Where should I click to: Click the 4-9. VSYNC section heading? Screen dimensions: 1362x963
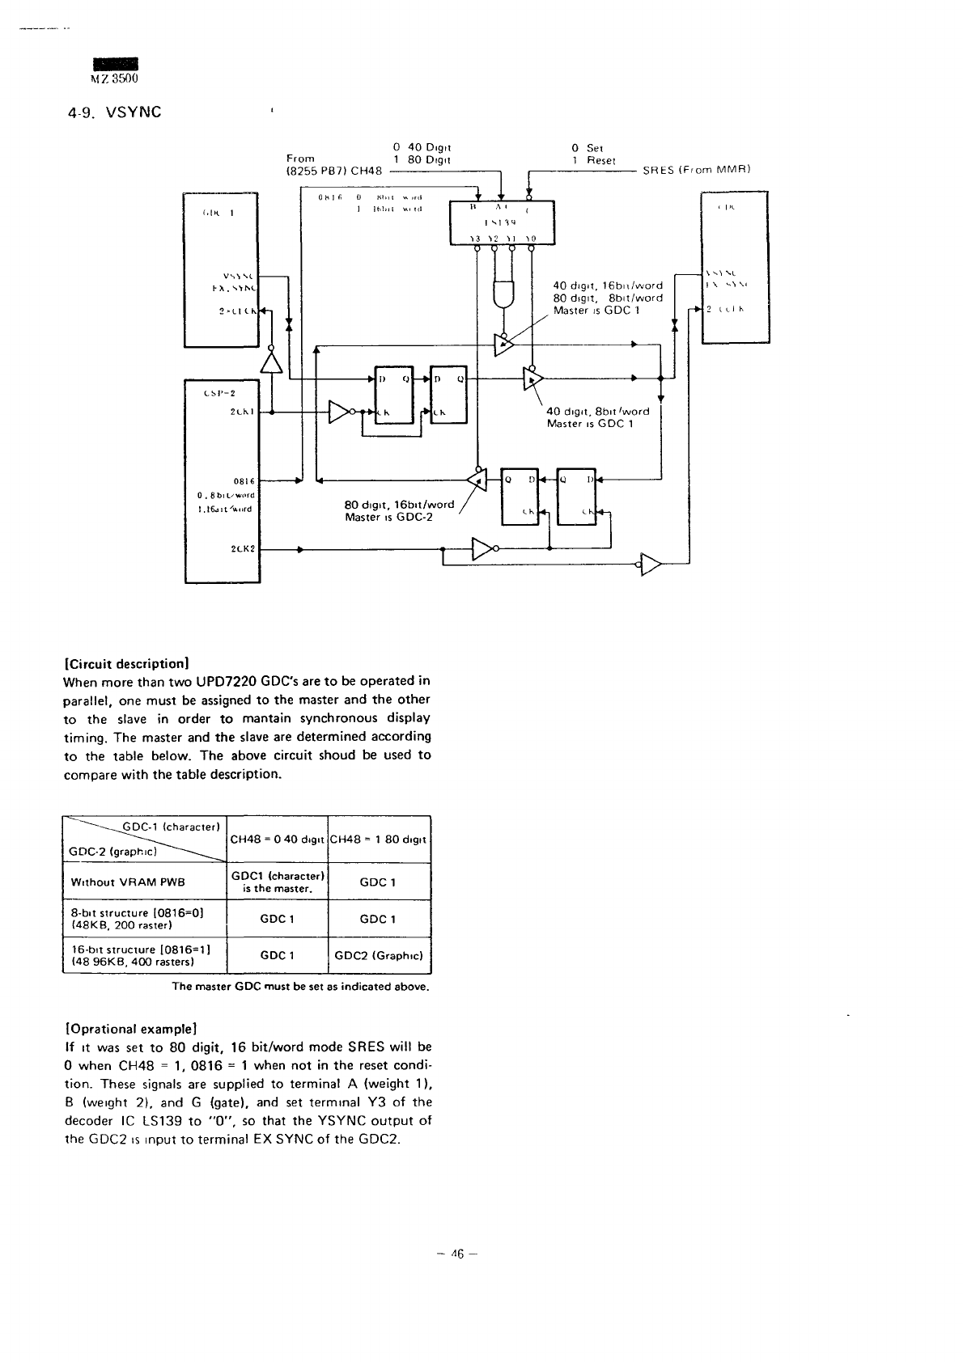(x=112, y=112)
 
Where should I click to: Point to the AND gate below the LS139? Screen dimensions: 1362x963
(x=505, y=295)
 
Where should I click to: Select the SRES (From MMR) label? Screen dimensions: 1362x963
(x=697, y=170)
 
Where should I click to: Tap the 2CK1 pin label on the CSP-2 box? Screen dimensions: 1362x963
(x=242, y=412)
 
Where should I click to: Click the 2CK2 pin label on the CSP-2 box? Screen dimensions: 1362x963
(x=243, y=549)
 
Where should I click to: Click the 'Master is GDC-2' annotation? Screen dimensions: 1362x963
(x=388, y=517)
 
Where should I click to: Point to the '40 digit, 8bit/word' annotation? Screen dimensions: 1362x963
(x=597, y=411)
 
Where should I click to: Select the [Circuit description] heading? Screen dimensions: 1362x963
(x=125, y=663)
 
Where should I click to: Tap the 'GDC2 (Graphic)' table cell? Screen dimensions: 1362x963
(x=379, y=955)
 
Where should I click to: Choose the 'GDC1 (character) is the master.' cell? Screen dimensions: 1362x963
(x=278, y=882)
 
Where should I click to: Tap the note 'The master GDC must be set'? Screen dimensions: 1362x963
(x=299, y=987)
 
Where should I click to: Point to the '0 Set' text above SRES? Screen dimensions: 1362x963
(x=587, y=148)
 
